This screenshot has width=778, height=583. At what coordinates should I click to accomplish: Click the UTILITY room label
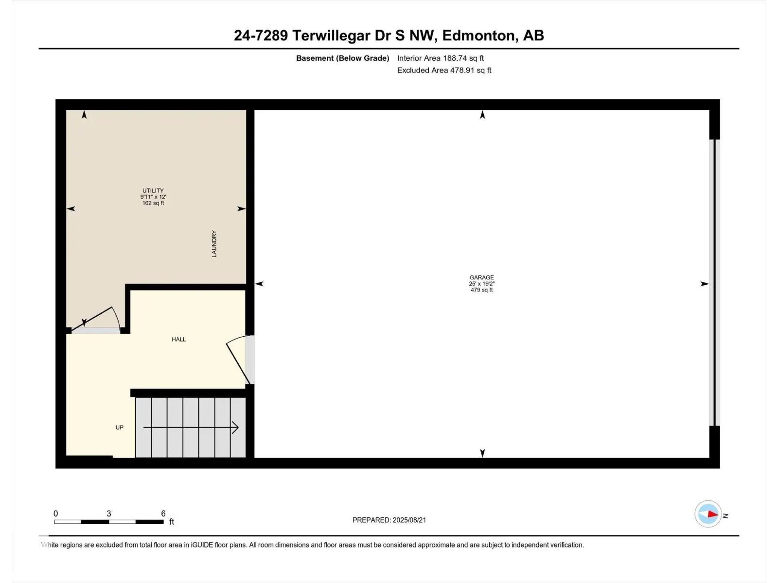pos(153,190)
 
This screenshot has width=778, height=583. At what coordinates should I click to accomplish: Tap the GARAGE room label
pos(482,277)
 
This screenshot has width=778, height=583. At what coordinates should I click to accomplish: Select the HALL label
pos(178,339)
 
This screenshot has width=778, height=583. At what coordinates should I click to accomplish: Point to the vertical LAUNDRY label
pos(214,243)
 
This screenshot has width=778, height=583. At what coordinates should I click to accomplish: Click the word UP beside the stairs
pos(120,427)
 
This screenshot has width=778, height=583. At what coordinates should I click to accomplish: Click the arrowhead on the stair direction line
pos(235,428)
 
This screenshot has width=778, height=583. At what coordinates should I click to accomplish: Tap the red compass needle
pos(712,514)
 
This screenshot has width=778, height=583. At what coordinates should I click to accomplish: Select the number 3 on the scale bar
pos(109,513)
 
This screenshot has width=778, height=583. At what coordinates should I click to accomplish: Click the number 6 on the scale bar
pos(163,513)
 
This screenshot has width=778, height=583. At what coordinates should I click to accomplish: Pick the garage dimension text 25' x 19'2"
pos(482,284)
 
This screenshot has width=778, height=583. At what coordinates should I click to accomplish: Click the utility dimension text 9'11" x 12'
pos(153,197)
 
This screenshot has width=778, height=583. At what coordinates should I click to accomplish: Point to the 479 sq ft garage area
pos(482,290)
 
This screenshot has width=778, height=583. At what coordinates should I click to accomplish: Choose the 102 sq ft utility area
pos(153,203)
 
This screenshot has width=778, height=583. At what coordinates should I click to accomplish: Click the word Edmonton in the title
pos(478,35)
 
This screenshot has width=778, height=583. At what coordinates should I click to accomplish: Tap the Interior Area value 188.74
pos(454,58)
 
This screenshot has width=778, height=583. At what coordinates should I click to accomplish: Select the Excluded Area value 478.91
pos(462,70)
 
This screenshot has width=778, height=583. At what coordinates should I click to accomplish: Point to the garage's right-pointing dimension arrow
pos(705,284)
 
